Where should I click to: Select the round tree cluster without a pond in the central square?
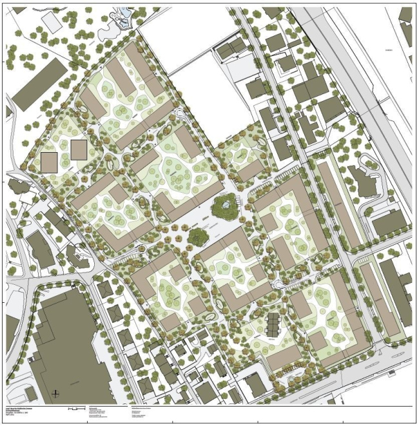[x=199, y=236]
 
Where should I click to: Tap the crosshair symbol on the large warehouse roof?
[x=56, y=392]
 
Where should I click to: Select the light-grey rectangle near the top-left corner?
[x=50, y=19]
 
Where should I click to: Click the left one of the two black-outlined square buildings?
[x=50, y=162]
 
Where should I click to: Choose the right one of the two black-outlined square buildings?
[x=79, y=150]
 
